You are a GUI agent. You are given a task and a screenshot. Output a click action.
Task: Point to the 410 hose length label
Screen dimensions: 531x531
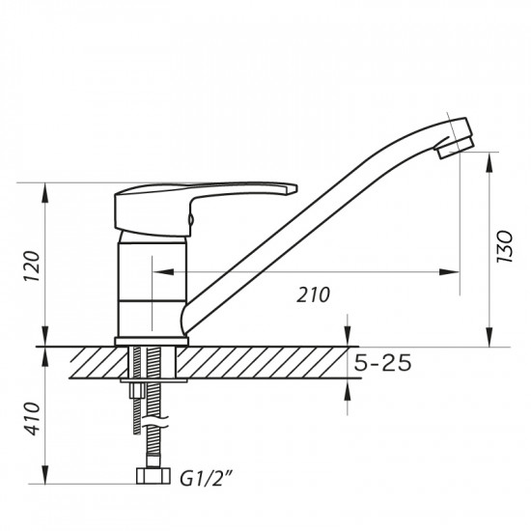click(31, 417)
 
